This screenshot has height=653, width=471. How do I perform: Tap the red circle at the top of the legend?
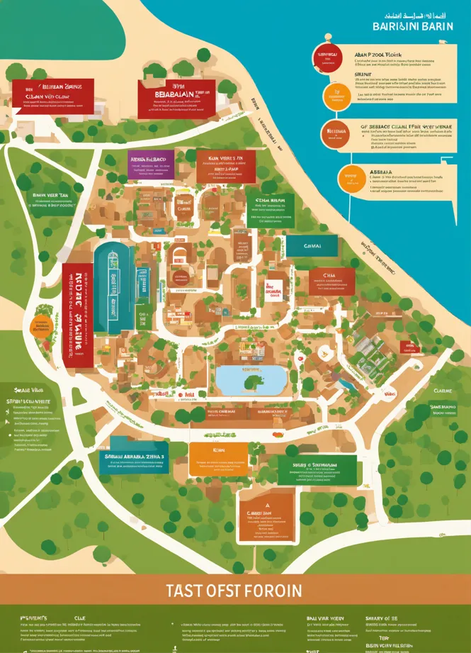(x=327, y=59)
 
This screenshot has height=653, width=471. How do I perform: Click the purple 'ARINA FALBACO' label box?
(x=147, y=162)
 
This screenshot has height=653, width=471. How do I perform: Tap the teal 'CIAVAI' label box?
(x=312, y=245)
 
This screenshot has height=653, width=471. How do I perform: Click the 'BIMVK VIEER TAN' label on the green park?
(x=50, y=194)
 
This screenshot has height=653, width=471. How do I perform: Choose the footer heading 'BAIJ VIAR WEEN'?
(x=326, y=618)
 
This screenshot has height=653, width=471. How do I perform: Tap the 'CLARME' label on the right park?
(x=443, y=390)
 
